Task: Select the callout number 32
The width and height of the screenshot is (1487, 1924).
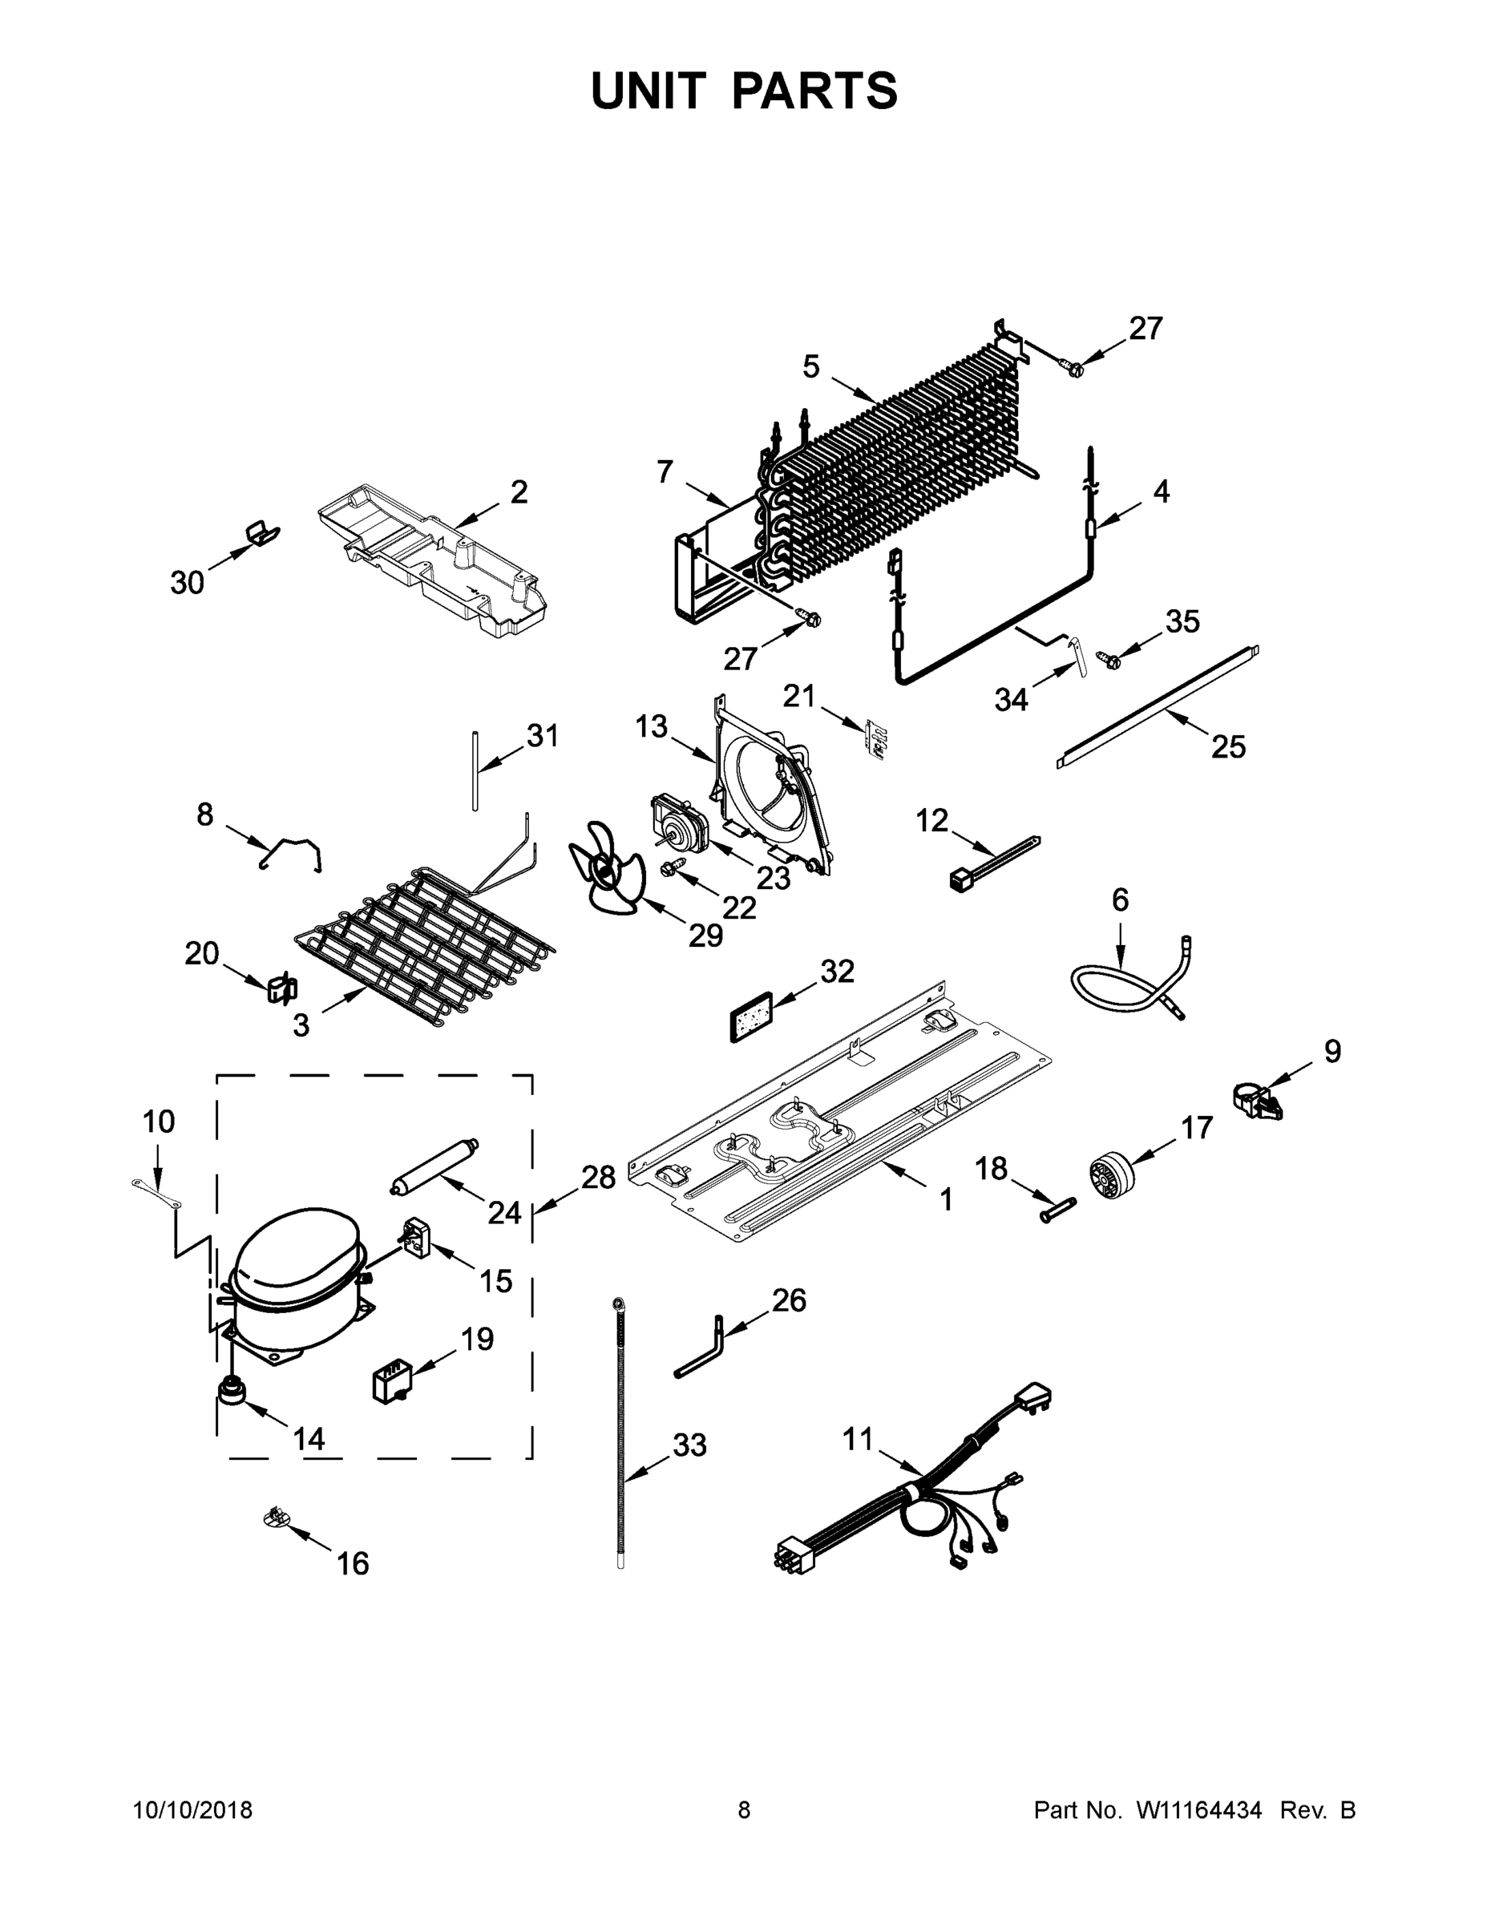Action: click(x=837, y=972)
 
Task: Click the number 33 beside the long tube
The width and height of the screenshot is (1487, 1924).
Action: click(x=689, y=1445)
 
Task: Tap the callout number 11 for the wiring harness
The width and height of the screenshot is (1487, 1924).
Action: click(x=857, y=1439)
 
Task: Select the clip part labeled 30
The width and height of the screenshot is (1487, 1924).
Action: click(x=260, y=533)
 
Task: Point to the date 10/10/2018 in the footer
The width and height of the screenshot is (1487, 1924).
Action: click(x=193, y=1810)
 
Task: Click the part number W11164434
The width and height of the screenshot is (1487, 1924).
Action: click(x=1199, y=1810)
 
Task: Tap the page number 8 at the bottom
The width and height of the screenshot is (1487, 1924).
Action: click(x=744, y=1810)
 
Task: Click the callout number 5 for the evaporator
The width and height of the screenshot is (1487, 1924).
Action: click(x=810, y=366)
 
